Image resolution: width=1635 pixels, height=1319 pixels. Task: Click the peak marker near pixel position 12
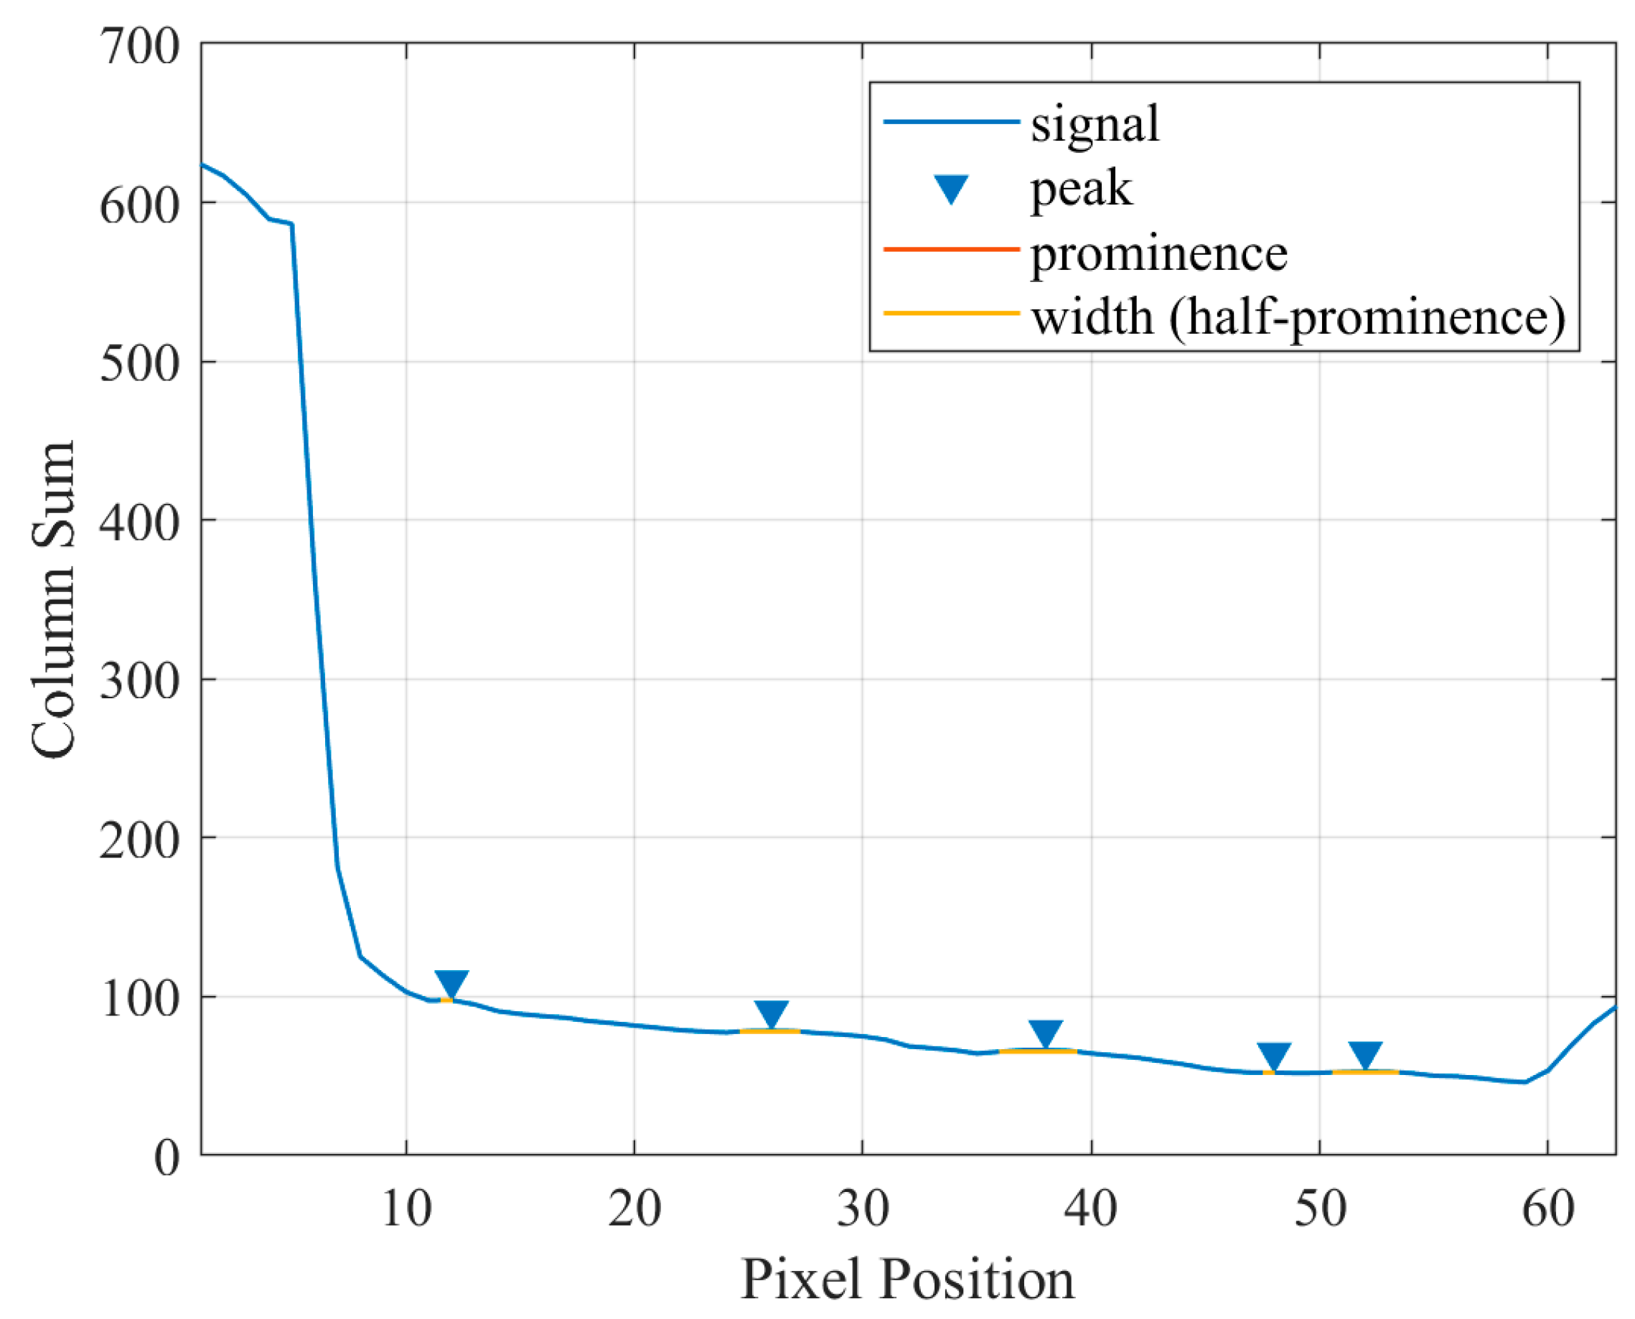click(x=451, y=983)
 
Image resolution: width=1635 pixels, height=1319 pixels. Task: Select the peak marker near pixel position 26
click(x=771, y=1013)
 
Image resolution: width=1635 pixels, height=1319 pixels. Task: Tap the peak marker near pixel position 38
click(x=1046, y=1033)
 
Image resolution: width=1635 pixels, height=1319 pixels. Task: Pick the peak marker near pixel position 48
click(x=1274, y=1055)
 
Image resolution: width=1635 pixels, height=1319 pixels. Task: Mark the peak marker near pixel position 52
click(x=1365, y=1053)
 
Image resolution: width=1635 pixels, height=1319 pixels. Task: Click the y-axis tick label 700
click(x=140, y=47)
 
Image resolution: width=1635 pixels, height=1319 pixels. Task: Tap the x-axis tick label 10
click(x=406, y=1208)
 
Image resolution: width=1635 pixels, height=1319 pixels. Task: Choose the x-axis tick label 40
click(x=1091, y=1208)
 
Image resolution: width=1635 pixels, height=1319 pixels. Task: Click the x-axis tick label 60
click(x=1547, y=1208)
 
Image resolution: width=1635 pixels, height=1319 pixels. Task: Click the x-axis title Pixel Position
click(x=907, y=1280)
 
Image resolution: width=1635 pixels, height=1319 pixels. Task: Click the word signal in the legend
click(x=1095, y=123)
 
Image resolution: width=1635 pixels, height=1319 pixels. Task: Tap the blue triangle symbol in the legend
click(x=951, y=189)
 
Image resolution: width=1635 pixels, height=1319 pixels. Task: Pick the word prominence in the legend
click(x=1158, y=253)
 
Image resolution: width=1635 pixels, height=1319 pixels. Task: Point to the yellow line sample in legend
click(x=951, y=313)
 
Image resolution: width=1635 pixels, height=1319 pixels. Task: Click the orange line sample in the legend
click(x=951, y=248)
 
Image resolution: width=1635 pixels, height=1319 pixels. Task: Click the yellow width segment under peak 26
click(x=769, y=1031)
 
